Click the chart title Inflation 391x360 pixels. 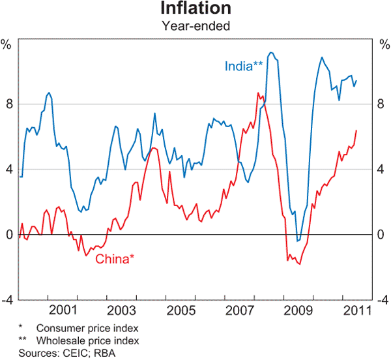click(195, 9)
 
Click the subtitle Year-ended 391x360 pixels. click(195, 26)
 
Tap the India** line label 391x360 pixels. click(244, 66)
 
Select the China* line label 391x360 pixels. click(115, 259)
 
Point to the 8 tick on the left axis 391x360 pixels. click(8, 104)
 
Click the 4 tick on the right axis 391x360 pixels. click(382, 170)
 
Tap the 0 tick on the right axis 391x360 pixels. click(382, 235)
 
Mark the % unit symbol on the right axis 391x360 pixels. click(383, 45)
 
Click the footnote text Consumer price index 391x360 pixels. click(88, 328)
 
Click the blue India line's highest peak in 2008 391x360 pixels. click(272, 53)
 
